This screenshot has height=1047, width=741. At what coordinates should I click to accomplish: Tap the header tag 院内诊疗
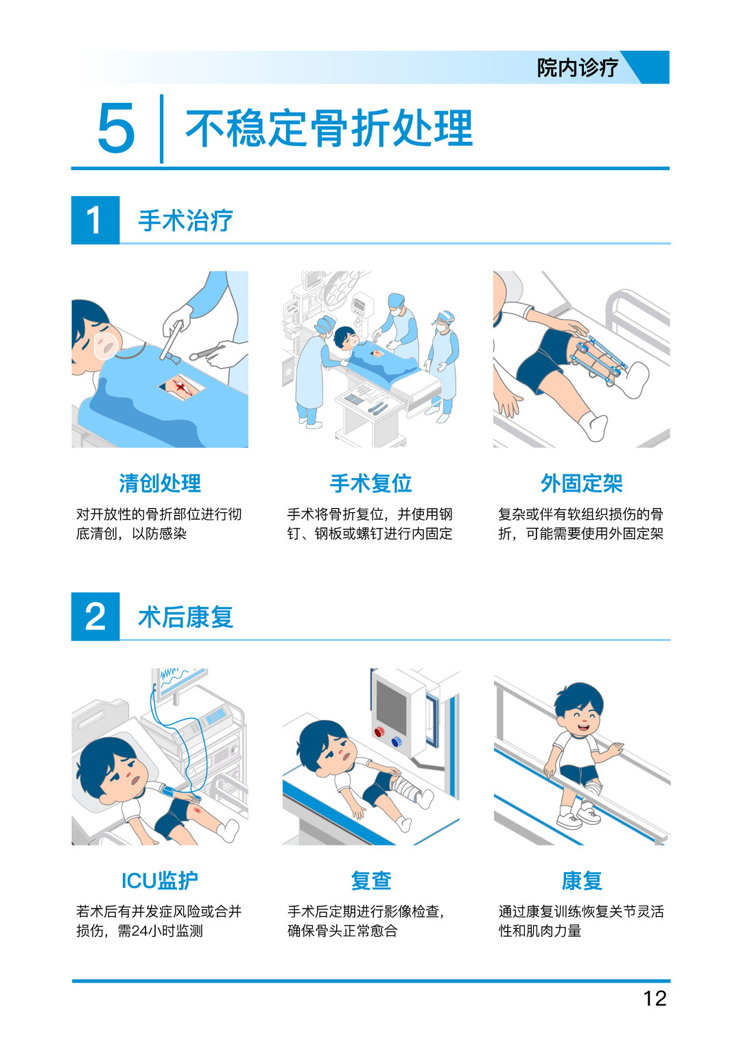[577, 68]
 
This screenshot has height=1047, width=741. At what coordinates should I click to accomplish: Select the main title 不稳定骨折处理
[329, 128]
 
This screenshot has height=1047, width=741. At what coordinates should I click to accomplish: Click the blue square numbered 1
[95, 220]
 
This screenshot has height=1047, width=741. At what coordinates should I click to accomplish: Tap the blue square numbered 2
[95, 616]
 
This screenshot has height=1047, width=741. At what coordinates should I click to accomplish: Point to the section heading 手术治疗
[186, 220]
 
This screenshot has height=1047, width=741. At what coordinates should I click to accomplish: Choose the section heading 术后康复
[186, 617]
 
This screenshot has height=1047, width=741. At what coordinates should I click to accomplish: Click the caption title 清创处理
[160, 483]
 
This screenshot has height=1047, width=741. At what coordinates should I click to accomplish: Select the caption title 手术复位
[371, 483]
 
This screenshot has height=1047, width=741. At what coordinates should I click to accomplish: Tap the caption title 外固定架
[582, 483]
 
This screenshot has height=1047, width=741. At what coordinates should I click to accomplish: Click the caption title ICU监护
[160, 880]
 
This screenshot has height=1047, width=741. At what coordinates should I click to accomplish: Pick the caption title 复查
[371, 880]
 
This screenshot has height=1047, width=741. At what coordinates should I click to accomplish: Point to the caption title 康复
[582, 880]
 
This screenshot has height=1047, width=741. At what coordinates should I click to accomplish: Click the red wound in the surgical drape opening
[182, 387]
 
